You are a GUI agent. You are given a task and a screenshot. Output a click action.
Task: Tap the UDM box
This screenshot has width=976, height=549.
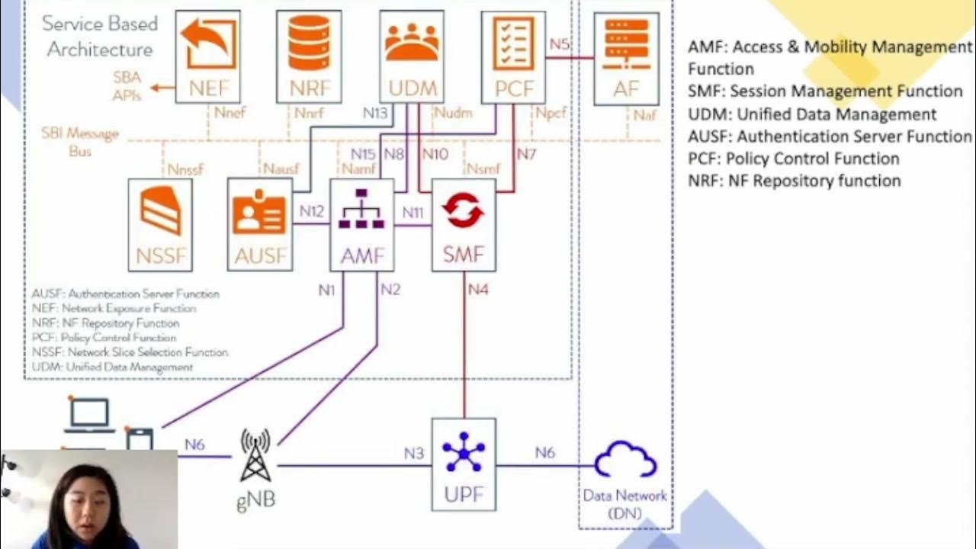(x=412, y=57)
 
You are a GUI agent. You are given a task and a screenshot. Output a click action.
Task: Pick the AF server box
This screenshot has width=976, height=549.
(x=626, y=59)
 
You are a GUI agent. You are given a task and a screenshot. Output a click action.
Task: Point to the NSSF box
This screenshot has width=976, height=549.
(x=160, y=225)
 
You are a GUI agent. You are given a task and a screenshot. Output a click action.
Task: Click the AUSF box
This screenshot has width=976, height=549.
(x=260, y=225)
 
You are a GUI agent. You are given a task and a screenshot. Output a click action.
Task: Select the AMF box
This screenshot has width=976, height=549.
(x=362, y=225)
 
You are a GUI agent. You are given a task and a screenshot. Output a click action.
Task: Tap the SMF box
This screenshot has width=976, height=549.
(x=464, y=225)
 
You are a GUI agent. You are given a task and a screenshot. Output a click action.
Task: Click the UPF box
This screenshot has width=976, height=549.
(x=464, y=464)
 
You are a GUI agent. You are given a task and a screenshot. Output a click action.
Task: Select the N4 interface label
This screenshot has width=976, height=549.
(x=478, y=290)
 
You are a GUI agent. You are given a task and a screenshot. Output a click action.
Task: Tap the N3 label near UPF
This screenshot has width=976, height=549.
(x=414, y=453)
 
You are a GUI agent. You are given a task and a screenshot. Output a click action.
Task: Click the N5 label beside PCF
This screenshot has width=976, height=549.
(x=560, y=44)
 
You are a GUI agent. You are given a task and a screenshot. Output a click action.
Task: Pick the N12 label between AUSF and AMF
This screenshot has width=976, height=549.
(x=311, y=211)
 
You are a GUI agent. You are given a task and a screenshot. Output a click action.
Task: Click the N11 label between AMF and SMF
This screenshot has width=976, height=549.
(x=413, y=212)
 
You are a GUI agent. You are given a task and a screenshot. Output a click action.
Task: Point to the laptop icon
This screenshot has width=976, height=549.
(x=89, y=416)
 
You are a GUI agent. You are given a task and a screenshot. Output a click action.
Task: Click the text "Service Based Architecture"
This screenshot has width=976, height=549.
(x=100, y=37)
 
